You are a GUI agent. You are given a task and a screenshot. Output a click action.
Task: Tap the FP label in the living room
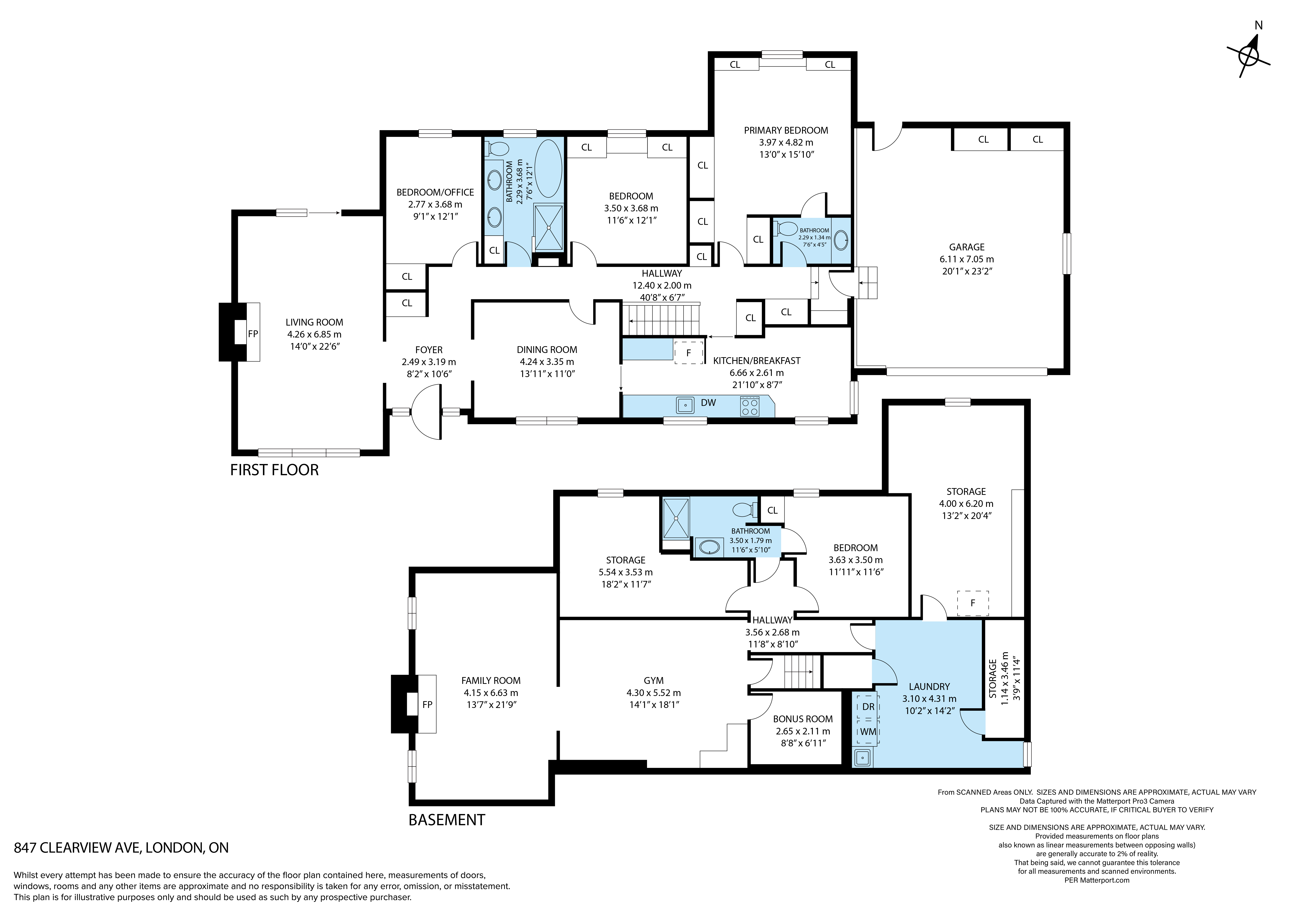click(x=253, y=334)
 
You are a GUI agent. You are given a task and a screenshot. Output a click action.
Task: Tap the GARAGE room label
click(x=967, y=247)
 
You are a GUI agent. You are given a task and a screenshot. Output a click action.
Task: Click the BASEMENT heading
click(x=447, y=820)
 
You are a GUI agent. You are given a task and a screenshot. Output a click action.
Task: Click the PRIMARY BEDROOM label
click(x=786, y=130)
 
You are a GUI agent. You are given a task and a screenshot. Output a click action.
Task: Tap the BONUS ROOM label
click(x=803, y=719)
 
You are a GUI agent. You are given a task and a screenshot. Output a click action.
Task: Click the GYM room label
click(x=654, y=681)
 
